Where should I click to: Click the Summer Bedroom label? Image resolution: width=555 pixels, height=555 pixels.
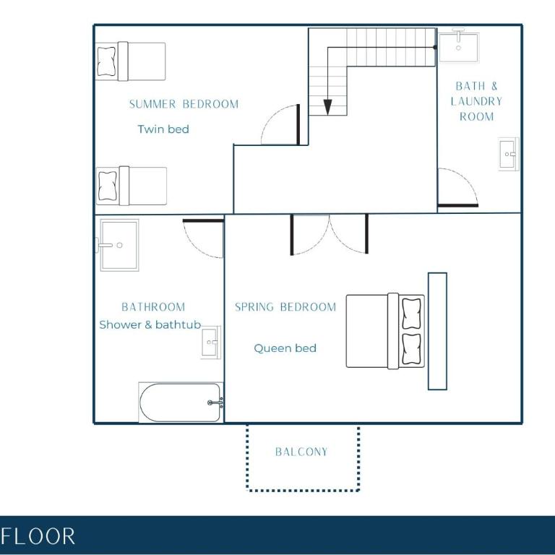tap(184, 104)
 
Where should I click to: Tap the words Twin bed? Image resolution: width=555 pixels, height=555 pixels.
tap(163, 129)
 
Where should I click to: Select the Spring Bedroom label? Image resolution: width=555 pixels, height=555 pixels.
tap(285, 307)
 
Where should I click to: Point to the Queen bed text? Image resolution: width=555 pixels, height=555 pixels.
tap(285, 348)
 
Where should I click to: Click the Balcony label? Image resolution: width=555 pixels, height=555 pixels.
tap(301, 452)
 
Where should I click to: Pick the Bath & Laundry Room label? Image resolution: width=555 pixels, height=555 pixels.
tap(476, 101)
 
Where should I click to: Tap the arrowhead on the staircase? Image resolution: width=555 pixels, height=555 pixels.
tap(328, 107)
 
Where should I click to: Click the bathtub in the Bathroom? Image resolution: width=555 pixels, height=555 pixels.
tap(181, 403)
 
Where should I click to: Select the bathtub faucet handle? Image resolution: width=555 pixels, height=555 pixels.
tap(215, 403)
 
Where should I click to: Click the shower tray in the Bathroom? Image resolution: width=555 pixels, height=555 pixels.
tap(119, 245)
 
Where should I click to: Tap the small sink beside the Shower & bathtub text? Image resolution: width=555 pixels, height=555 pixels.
tap(211, 343)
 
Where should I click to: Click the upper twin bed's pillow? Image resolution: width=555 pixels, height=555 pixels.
tap(106, 61)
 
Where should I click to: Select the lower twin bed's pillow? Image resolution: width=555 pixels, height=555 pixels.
tap(108, 186)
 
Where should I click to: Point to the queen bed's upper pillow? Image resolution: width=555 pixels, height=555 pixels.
tap(412, 314)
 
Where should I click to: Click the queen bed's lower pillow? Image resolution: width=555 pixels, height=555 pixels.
tap(412, 348)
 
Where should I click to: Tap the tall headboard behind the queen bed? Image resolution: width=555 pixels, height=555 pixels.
tap(437, 331)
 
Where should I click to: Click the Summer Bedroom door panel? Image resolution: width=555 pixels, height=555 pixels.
tap(298, 124)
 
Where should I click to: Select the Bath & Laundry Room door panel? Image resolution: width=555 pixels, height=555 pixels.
tap(458, 205)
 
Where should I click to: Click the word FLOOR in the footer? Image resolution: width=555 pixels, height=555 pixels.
tap(38, 536)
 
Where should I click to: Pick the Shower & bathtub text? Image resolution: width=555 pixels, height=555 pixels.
tap(150, 324)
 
